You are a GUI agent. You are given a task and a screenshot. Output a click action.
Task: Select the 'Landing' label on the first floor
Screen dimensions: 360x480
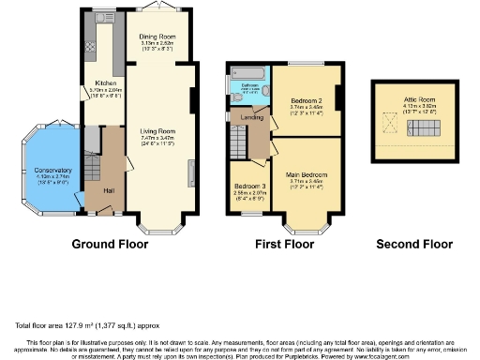[x=251, y=116]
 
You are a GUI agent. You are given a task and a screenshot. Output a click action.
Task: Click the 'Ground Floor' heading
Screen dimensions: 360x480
[x=110, y=245]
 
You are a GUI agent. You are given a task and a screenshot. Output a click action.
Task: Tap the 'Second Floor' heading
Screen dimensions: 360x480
[x=412, y=245]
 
